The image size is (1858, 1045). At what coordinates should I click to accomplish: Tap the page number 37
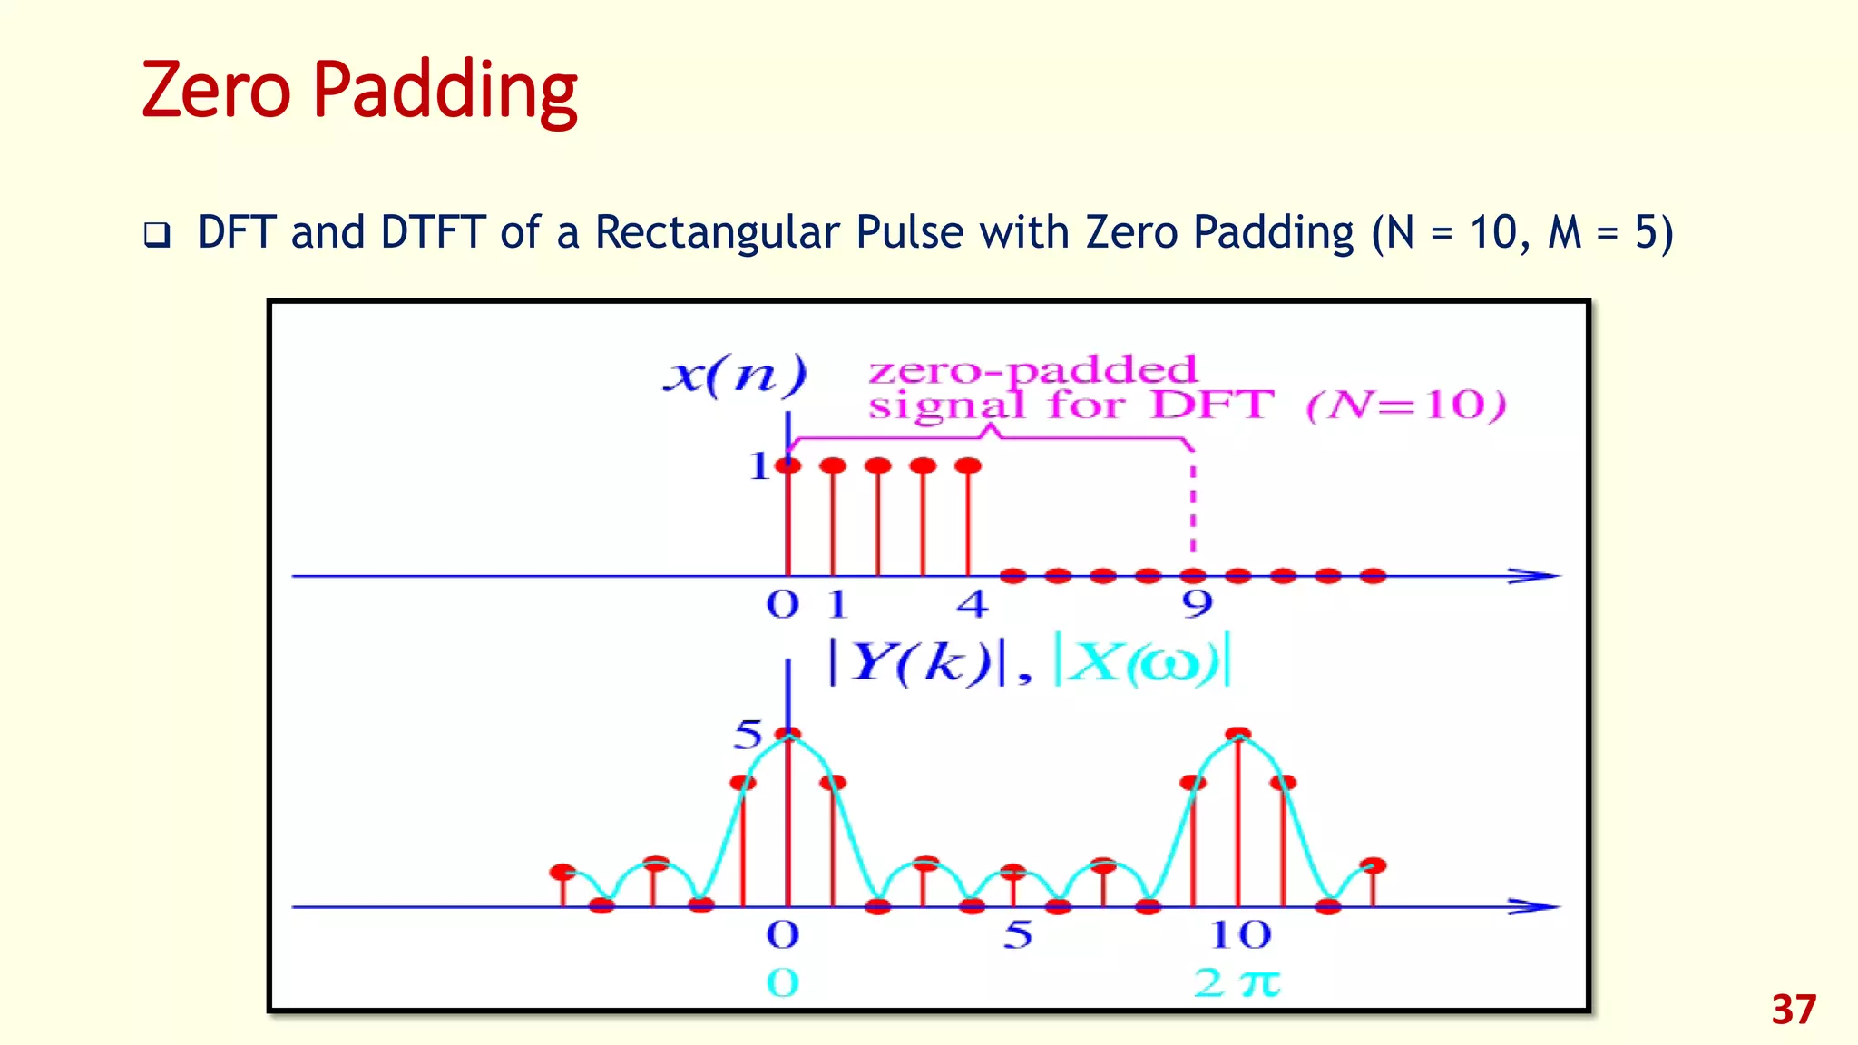point(1794,1011)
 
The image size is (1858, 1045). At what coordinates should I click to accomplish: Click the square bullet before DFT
point(157,236)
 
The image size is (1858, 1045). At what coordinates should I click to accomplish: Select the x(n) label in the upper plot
point(735,375)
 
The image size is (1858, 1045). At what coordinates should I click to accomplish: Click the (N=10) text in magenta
point(1406,405)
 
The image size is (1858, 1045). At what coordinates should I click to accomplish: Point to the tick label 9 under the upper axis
point(1197,603)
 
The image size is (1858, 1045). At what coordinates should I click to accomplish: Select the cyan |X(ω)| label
point(1142,662)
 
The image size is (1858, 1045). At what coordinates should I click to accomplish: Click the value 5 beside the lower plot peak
point(748,735)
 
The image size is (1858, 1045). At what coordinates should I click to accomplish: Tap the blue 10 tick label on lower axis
point(1240,935)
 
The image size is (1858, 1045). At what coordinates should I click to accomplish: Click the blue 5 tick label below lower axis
point(1018,935)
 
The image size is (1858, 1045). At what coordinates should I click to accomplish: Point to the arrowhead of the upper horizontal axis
point(1535,576)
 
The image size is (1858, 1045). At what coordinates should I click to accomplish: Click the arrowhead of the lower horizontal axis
point(1535,906)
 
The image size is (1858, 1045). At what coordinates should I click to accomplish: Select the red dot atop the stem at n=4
point(968,465)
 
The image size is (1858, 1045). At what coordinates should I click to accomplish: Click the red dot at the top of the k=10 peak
point(1238,734)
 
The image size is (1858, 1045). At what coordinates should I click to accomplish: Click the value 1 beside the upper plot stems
point(758,466)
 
